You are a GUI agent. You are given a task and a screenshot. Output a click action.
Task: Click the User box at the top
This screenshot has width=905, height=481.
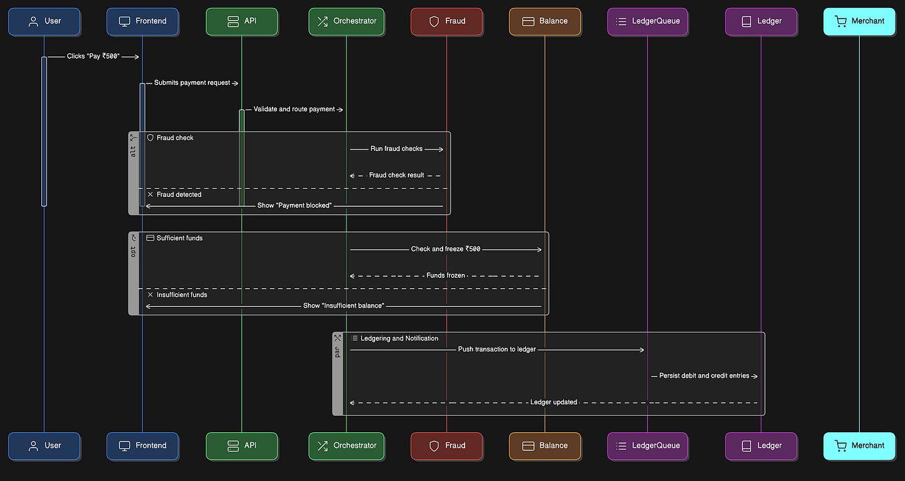coord(44,21)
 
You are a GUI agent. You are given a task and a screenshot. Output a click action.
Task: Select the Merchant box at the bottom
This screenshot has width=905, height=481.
coord(859,446)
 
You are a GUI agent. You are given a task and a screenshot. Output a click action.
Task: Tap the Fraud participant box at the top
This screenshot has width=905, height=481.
coord(447,21)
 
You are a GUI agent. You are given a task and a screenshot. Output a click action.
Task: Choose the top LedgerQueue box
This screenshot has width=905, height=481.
coord(647,21)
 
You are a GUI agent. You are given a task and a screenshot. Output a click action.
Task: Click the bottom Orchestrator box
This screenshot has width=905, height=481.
coord(346,446)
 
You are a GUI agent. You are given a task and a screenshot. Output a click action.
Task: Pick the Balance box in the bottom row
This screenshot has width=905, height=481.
coord(544,446)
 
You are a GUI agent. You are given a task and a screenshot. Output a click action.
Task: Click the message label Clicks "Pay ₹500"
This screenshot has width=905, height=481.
coord(93,57)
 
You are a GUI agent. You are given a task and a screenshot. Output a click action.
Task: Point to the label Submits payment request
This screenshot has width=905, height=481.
coord(192,83)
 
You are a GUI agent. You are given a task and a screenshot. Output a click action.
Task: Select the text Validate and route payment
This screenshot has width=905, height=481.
coord(294,109)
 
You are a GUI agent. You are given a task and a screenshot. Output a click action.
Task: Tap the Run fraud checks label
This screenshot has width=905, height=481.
coord(397,149)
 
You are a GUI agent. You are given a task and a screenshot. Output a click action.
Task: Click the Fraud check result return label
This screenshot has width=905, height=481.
coord(397,175)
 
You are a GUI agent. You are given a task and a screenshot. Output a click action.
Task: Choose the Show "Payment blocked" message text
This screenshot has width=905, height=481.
coord(294,205)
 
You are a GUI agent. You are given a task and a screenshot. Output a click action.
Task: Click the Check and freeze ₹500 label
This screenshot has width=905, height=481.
coord(445,249)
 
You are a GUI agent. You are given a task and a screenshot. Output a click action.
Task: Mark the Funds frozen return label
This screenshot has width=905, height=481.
coord(445,275)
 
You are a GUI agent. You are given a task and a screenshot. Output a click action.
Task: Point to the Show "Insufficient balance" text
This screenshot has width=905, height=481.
coord(343,306)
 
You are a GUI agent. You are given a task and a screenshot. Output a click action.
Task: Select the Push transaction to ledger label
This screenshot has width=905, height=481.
coord(496,349)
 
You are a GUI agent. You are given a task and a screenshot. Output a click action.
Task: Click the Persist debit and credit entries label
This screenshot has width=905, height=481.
coord(704,376)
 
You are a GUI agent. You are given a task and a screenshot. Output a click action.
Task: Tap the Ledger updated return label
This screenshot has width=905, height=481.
coord(553,402)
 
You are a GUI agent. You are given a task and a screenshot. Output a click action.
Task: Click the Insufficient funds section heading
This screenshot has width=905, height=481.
coord(181,295)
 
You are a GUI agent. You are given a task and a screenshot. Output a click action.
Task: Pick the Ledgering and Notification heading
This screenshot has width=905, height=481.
coord(399,338)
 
